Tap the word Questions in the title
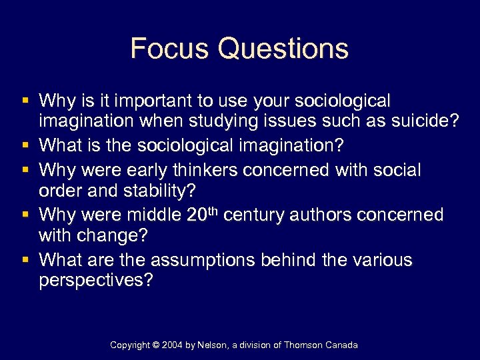pyautogui.click(x=283, y=49)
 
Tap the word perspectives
pyautogui.click(x=96, y=281)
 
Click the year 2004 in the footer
pyautogui.click(x=175, y=345)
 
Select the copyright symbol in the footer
pyautogui.click(x=157, y=345)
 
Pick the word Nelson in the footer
pyautogui.click(x=214, y=345)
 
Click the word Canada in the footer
pyautogui.click(x=341, y=345)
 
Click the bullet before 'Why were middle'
pyautogui.click(x=25, y=215)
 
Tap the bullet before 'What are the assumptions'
pyautogui.click(x=25, y=259)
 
